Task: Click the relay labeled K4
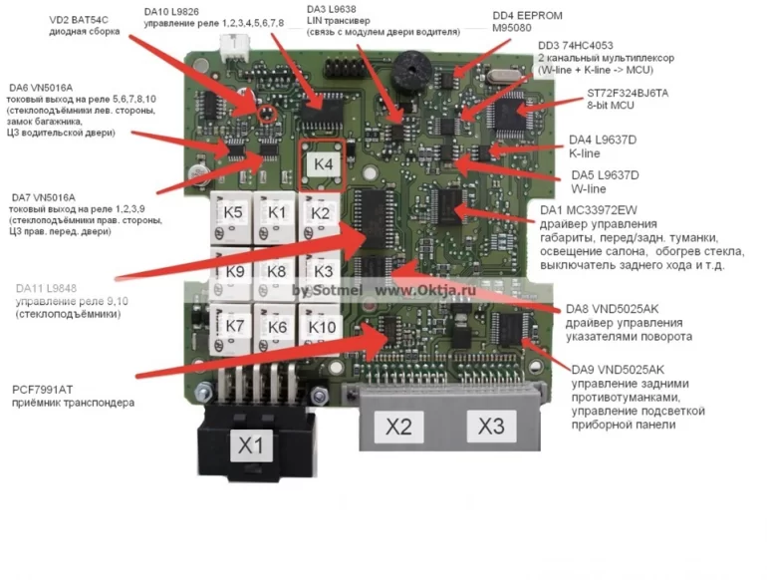[x=323, y=165]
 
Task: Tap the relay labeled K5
[x=232, y=212]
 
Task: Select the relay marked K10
[x=323, y=327]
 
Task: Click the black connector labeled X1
[x=251, y=444]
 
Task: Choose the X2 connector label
[x=398, y=427]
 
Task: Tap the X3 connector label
[x=490, y=427]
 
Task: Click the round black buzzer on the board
[x=409, y=70]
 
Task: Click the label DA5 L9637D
[x=603, y=175]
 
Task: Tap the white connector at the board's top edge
[x=236, y=45]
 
